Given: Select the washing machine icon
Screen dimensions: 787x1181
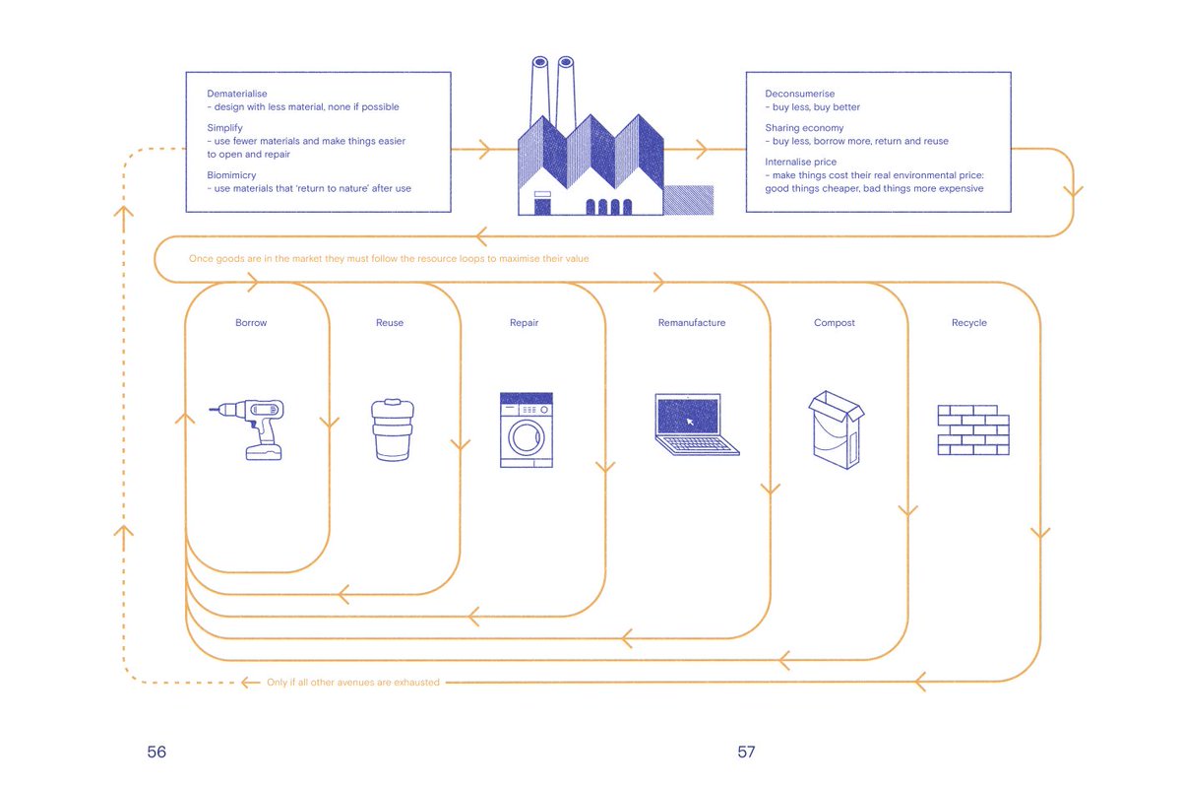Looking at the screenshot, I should [x=526, y=429].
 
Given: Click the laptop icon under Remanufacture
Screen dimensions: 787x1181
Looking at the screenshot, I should [x=696, y=425].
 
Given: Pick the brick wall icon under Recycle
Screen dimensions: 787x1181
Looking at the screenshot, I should [x=972, y=429].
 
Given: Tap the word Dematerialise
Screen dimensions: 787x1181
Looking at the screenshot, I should [x=237, y=94].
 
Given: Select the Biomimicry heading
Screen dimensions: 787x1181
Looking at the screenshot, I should [x=231, y=175].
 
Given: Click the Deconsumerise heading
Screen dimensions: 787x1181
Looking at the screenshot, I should [x=799, y=94].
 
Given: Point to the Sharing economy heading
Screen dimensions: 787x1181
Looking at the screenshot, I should [x=804, y=128].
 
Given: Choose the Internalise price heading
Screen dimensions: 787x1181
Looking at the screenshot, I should [x=801, y=162].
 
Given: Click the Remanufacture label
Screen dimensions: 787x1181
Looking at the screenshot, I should [x=692, y=323].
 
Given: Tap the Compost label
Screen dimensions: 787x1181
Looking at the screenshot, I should [x=835, y=323].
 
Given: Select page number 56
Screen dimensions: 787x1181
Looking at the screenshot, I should [x=156, y=752].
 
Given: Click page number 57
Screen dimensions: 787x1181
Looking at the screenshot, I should [x=746, y=752].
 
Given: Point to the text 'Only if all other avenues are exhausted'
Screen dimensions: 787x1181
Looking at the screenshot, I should [x=353, y=682].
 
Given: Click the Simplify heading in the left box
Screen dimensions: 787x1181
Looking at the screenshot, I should [x=225, y=128].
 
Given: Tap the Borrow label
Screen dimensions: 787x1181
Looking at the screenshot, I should [x=251, y=323].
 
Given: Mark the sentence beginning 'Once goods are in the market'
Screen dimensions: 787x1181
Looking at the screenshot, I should [x=389, y=259].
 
